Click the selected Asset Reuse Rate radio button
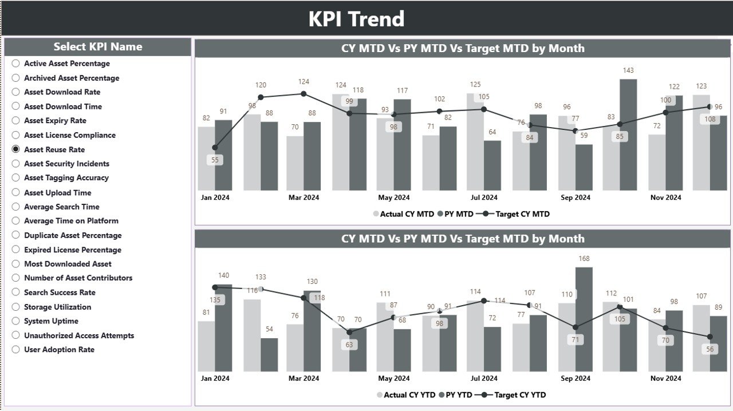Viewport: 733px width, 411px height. pyautogui.click(x=16, y=149)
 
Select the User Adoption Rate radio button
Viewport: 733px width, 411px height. pyautogui.click(x=16, y=350)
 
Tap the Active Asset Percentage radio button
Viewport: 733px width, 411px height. pyautogui.click(x=16, y=64)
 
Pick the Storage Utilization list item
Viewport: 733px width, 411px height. pyautogui.click(x=57, y=307)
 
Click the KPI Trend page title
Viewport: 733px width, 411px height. pyautogui.click(x=356, y=19)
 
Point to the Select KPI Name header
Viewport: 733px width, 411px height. pyautogui.click(x=98, y=47)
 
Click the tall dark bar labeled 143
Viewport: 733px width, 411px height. pyautogui.click(x=628, y=135)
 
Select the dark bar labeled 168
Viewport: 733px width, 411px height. pyautogui.click(x=584, y=319)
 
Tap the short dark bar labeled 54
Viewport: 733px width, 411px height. pyautogui.click(x=269, y=354)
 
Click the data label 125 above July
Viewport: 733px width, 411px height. pyautogui.click(x=475, y=85)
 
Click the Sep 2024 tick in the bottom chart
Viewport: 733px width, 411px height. pyautogui.click(x=575, y=378)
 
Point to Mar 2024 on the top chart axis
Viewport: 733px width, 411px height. pyautogui.click(x=304, y=197)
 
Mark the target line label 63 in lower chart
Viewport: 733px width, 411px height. pyautogui.click(x=349, y=345)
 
